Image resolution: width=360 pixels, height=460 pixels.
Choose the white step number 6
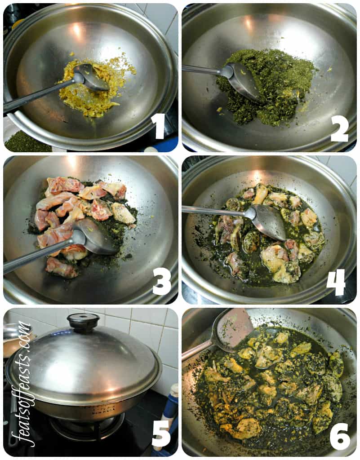pos(340,436)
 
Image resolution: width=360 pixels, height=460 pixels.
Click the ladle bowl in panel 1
pos(91,77)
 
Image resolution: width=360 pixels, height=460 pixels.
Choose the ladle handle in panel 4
pos(216,211)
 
